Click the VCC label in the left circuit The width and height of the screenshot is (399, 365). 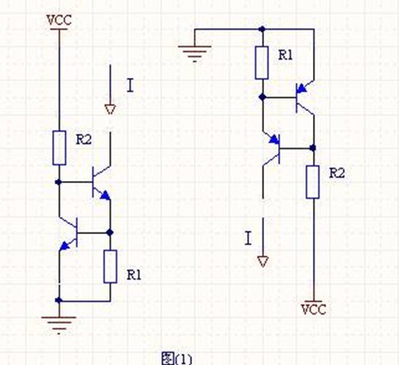coord(59,20)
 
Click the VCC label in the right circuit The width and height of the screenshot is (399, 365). coord(314,310)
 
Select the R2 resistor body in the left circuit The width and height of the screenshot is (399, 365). coord(59,148)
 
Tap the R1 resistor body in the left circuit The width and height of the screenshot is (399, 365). coord(110,267)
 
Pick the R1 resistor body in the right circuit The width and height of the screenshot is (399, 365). coord(262,63)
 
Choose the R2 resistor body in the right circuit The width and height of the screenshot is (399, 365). coord(313,182)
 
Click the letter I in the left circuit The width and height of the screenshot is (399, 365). coord(130,85)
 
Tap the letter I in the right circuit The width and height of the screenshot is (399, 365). coord(248,238)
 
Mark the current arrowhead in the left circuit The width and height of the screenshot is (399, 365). coord(110,109)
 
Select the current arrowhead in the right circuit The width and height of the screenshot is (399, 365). coord(262,262)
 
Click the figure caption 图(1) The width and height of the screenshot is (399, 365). coord(176,358)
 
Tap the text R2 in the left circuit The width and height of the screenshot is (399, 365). coord(84,140)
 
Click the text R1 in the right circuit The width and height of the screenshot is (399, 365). coord(285,55)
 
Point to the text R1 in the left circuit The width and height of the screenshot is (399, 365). coord(134,275)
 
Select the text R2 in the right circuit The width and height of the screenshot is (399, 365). coord(337,173)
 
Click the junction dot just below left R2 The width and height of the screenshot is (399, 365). coord(58,182)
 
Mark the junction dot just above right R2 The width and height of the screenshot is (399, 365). coord(313,148)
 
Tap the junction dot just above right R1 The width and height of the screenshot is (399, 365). coord(262,29)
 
